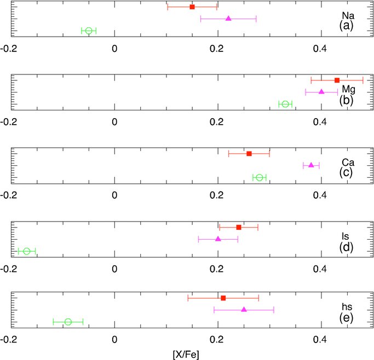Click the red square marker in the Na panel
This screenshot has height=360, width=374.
point(192,7)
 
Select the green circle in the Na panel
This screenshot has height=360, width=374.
point(89,31)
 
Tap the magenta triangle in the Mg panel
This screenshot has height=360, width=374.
point(321,91)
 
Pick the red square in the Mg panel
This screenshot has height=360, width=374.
point(337,80)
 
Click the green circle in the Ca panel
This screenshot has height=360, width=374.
point(259,177)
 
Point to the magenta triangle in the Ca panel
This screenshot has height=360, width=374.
point(311,165)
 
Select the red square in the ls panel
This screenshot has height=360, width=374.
point(239,227)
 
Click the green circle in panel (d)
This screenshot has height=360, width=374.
point(27,251)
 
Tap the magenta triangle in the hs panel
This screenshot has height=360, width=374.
point(244,310)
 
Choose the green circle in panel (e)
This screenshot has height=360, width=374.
point(68,322)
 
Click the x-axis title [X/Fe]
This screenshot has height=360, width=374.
point(186,355)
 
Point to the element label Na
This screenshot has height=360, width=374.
point(348,16)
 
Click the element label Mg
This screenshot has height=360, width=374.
point(348,89)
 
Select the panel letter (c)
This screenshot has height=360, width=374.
point(346,172)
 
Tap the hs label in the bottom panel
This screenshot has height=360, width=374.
point(347,307)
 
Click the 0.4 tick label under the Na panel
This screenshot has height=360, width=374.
point(320,49)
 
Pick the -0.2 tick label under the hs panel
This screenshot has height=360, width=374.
point(9,339)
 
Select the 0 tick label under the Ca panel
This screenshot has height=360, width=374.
point(114,195)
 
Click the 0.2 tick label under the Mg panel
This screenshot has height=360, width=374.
point(217,122)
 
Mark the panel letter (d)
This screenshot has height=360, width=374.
point(346,247)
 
